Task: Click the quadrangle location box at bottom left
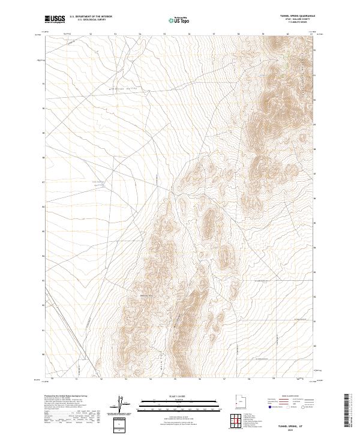tap(119, 425)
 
